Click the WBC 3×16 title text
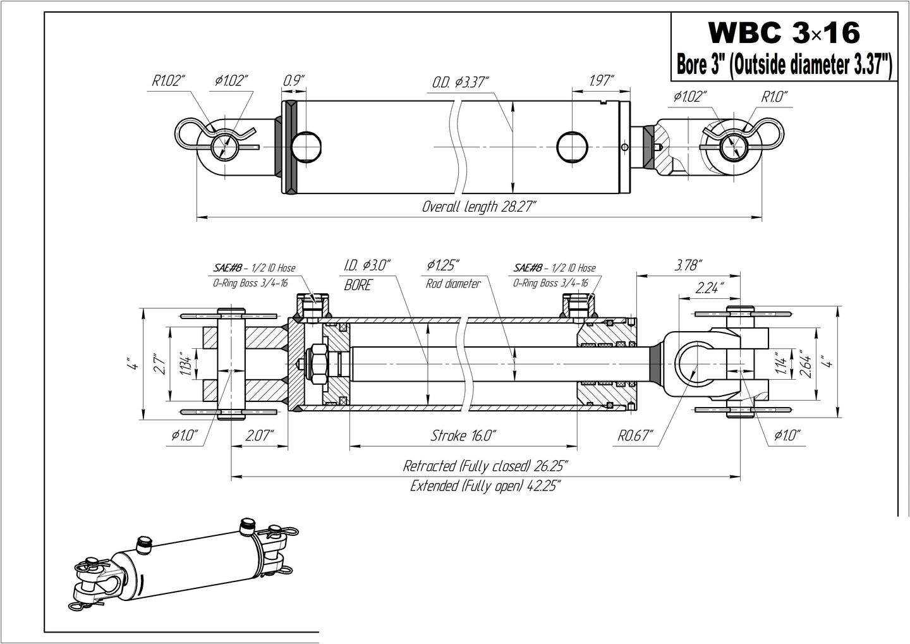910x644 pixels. click(784, 32)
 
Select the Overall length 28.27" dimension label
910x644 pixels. click(480, 207)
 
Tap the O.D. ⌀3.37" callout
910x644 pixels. click(461, 82)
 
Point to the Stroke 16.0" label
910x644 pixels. click(463, 435)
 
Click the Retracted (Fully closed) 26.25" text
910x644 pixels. click(485, 466)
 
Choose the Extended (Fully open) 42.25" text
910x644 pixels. click(485, 486)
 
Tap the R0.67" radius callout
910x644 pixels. click(636, 436)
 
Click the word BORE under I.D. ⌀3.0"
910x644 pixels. click(358, 286)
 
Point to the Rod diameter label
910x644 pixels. click(452, 284)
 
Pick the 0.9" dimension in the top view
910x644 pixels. click(293, 80)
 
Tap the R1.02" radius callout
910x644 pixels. click(168, 80)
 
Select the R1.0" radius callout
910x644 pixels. click(774, 97)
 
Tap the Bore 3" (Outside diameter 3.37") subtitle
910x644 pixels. click(784, 65)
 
